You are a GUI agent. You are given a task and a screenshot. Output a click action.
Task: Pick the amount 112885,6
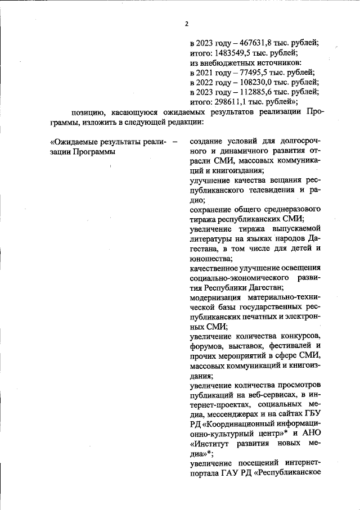(x=249, y=92)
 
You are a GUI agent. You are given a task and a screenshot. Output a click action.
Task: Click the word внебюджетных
(x=228, y=63)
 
